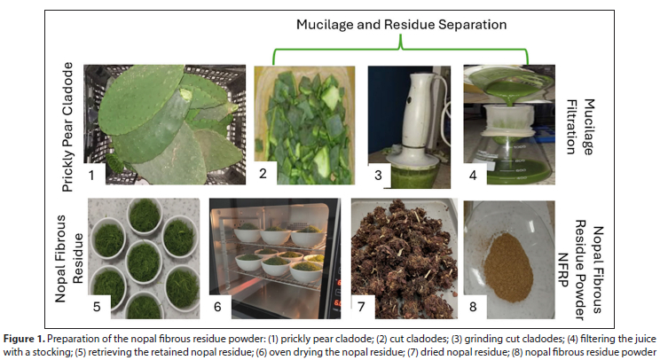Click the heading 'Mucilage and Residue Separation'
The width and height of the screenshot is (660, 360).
[401, 25]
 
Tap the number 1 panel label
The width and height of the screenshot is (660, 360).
[91, 175]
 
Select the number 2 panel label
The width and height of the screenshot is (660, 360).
[263, 173]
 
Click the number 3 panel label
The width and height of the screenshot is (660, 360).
[378, 175]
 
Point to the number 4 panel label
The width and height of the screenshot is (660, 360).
[473, 175]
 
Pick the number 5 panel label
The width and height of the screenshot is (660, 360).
[97, 307]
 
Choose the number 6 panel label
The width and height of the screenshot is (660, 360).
[217, 307]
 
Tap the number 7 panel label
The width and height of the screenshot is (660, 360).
[361, 307]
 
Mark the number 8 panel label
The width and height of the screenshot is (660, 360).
[473, 307]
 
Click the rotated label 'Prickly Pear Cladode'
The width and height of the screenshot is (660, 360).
[67, 127]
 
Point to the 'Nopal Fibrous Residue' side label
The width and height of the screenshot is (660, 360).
[69, 259]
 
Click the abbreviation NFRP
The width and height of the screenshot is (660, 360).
[562, 270]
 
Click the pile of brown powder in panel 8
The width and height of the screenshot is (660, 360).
[508, 267]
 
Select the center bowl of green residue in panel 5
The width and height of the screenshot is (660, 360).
[144, 262]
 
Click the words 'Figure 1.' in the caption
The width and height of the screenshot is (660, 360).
[24, 339]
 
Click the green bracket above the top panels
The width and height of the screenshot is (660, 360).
[400, 49]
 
